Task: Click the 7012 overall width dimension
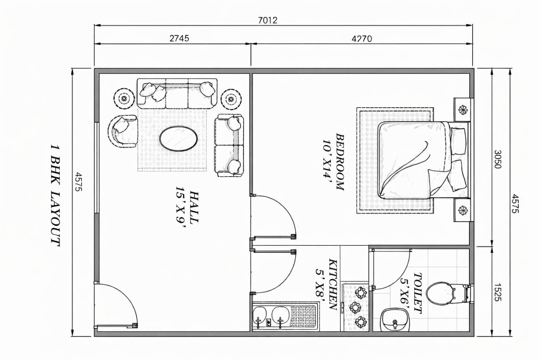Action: (x=268, y=20)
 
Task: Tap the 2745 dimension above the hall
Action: (x=179, y=38)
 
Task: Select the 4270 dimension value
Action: (x=362, y=38)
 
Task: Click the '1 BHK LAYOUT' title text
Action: (x=55, y=195)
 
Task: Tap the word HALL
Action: (x=193, y=207)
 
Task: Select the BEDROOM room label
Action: (x=340, y=162)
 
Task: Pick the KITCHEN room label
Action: (x=333, y=284)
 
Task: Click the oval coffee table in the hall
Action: (x=178, y=138)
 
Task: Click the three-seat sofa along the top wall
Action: (x=177, y=94)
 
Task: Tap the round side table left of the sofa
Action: (x=124, y=99)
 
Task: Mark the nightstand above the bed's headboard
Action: (x=463, y=109)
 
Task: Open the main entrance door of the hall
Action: (x=116, y=305)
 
